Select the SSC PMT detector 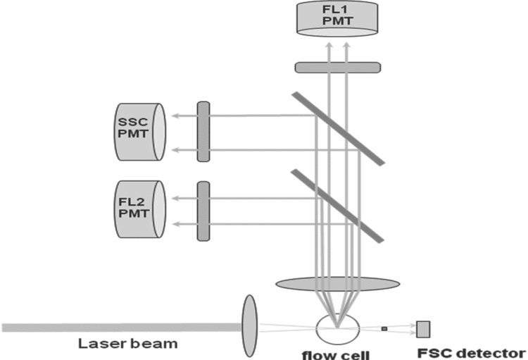tap(139, 131)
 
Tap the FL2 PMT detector tap(139, 209)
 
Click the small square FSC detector tap(424, 328)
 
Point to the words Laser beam tap(128, 345)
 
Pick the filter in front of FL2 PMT tap(204, 209)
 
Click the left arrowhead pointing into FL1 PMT tap(329, 45)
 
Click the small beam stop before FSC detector tap(384, 328)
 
